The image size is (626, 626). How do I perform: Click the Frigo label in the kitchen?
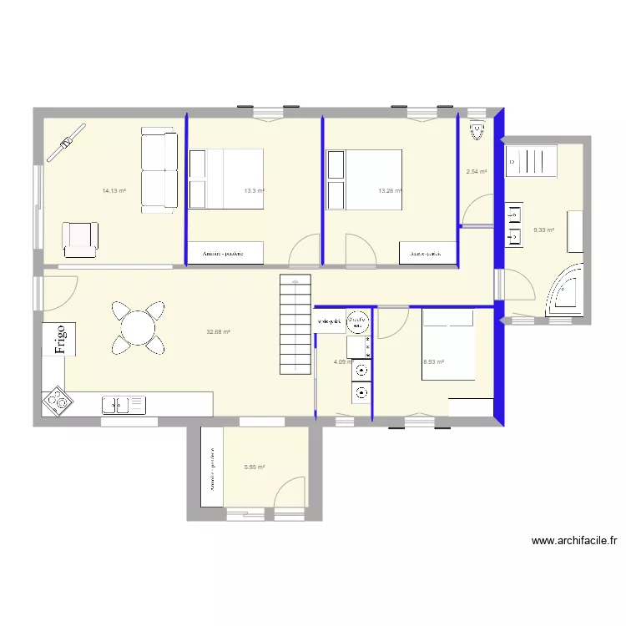[x=59, y=339]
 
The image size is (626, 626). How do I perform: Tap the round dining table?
[x=136, y=326]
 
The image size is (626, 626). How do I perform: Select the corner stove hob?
[x=58, y=401]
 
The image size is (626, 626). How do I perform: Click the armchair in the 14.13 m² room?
[x=80, y=239]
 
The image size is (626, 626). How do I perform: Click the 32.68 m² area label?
[x=218, y=331]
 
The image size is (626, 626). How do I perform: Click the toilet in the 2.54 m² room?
[x=477, y=130]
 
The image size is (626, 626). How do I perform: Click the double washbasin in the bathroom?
[x=511, y=225]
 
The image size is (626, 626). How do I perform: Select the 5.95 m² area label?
[x=255, y=467]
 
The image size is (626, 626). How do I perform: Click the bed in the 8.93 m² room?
[x=447, y=344]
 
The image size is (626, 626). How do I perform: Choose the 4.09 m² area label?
[x=342, y=361]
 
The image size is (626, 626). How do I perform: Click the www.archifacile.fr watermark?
[x=573, y=541]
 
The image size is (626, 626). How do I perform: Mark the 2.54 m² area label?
[x=476, y=172]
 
